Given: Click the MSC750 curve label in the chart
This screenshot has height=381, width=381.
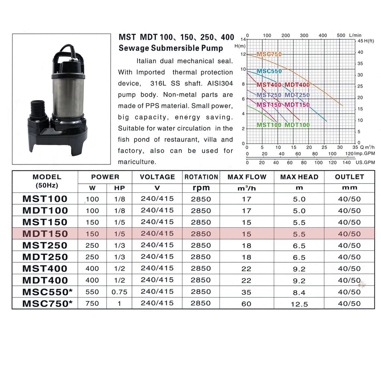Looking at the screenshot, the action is coord(269,54).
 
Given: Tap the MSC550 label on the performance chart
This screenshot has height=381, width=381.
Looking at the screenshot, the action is coord(269,71).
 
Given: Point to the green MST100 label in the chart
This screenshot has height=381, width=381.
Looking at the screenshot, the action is coord(269,125).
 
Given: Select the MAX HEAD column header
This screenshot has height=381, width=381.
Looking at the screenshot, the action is coord(299,177).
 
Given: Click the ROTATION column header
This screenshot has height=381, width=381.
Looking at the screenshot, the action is coord(201,177).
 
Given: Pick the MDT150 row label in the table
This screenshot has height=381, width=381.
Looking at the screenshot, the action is coord(45,234).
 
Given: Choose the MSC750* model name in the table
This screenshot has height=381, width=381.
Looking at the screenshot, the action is coord(47,303).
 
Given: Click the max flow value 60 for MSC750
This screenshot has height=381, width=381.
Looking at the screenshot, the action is coord(246,304).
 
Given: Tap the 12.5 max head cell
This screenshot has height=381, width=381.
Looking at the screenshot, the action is coord(299,304).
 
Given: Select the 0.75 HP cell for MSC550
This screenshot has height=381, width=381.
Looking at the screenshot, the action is coord(119,292).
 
